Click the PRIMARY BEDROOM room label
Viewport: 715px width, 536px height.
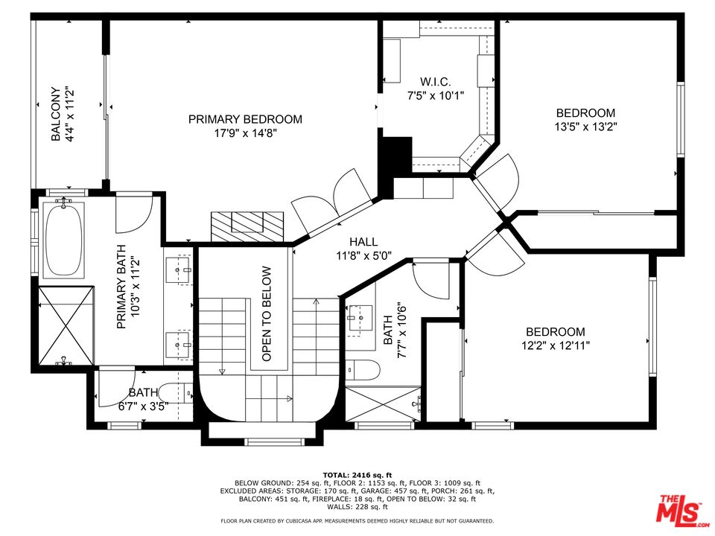pyautogui.click(x=245, y=119)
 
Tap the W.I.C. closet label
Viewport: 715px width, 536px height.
pyautogui.click(x=436, y=82)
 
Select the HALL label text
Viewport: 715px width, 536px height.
pyautogui.click(x=363, y=242)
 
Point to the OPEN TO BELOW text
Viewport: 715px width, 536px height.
pyautogui.click(x=267, y=313)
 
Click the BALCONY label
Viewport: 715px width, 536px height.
pyautogui.click(x=56, y=114)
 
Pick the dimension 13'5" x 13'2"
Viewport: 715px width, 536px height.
pyautogui.click(x=586, y=127)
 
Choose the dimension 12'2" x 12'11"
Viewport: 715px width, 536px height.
pyautogui.click(x=556, y=345)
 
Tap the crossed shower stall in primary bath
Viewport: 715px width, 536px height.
pyautogui.click(x=66, y=325)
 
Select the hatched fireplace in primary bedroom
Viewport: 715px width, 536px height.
pyautogui.click(x=247, y=226)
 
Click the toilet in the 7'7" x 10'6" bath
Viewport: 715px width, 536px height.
pyautogui.click(x=363, y=370)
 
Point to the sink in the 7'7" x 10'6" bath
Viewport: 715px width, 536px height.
pyautogui.click(x=360, y=317)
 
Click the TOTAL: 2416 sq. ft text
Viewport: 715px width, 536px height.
pyautogui.click(x=357, y=475)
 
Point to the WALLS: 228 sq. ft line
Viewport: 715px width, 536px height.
pyautogui.click(x=357, y=507)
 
